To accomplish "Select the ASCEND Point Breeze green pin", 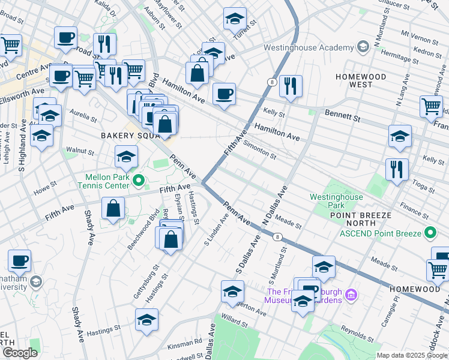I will click(x=430, y=232).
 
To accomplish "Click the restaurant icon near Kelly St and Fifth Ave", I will click(x=291, y=86).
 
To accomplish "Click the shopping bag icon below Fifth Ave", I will click(x=113, y=209).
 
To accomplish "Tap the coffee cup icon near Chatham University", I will click(x=20, y=260).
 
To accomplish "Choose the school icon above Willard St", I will click(x=233, y=292).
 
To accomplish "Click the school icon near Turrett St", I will click(x=235, y=19).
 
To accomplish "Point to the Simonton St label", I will click(x=259, y=151).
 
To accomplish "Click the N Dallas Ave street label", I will click(x=275, y=205).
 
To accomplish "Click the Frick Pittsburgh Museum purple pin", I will click(x=352, y=295).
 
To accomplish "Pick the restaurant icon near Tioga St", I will click(x=397, y=169).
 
